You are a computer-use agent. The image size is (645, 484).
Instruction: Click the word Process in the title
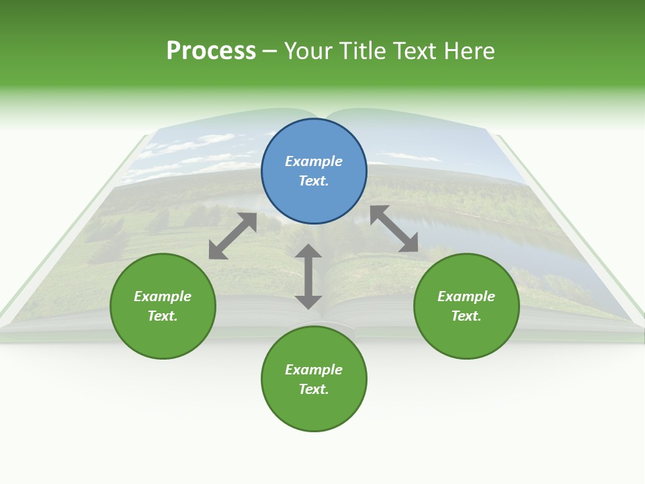tap(211, 51)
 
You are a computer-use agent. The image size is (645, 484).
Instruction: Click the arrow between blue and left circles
tap(232, 236)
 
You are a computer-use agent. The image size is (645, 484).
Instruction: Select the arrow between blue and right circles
tap(394, 229)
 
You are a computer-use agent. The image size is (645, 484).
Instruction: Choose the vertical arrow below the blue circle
tap(308, 276)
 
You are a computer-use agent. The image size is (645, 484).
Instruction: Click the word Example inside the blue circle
tap(314, 161)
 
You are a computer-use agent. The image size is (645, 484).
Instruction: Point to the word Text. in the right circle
tap(466, 316)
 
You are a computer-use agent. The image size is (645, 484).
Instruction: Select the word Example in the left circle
tap(163, 296)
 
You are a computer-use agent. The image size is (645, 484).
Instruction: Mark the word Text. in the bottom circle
tap(314, 389)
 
